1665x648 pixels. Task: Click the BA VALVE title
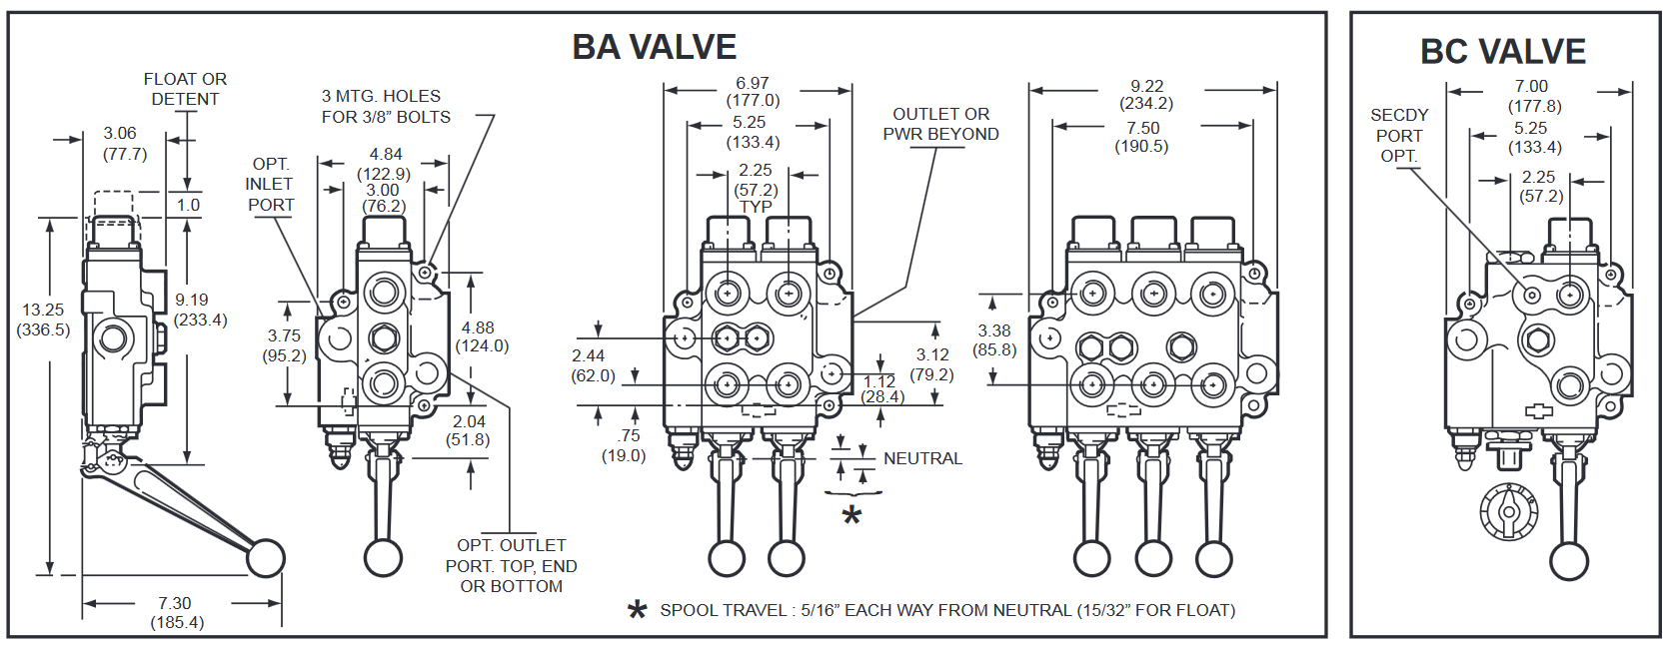[x=654, y=47]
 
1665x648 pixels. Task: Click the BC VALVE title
[x=1502, y=51]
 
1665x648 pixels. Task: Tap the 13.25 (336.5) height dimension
[x=43, y=320]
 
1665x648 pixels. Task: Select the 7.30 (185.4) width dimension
[x=176, y=613]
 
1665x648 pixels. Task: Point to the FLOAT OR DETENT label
[x=185, y=89]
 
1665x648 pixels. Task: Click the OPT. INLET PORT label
[x=270, y=185]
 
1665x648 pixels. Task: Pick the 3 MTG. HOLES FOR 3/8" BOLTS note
[x=386, y=107]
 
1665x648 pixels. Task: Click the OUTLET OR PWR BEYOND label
[x=940, y=124]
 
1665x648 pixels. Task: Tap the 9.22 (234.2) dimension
[x=1146, y=95]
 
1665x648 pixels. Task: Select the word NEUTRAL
[x=922, y=458]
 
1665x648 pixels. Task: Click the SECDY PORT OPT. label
[x=1399, y=136]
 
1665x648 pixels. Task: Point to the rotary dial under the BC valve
[x=1508, y=511]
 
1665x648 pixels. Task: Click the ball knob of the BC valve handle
[x=1568, y=561]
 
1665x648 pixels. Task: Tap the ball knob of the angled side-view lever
[x=266, y=558]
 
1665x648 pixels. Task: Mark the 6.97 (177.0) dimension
[x=753, y=92]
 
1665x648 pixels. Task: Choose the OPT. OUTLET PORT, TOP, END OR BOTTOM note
[x=511, y=566]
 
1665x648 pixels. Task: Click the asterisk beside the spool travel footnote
[x=637, y=610]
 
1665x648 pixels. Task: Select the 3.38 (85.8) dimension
[x=994, y=340]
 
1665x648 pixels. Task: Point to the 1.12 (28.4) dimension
[x=881, y=389]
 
